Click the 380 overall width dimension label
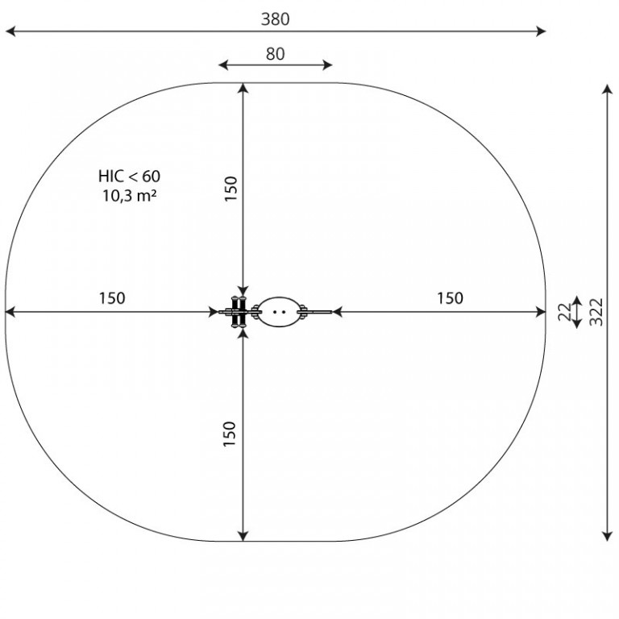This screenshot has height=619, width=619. [x=275, y=19]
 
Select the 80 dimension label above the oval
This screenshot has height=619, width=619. [x=275, y=54]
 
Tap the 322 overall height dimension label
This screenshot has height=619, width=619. [x=596, y=312]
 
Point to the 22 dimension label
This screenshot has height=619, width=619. [x=565, y=312]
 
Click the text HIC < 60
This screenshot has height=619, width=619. [x=130, y=177]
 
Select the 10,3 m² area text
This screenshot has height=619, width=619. [x=130, y=195]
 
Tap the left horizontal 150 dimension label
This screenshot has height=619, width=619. [x=112, y=298]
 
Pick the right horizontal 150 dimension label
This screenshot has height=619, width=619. [x=450, y=298]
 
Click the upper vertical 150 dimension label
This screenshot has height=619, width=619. [x=231, y=189]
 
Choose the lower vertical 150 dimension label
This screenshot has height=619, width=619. [x=230, y=434]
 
